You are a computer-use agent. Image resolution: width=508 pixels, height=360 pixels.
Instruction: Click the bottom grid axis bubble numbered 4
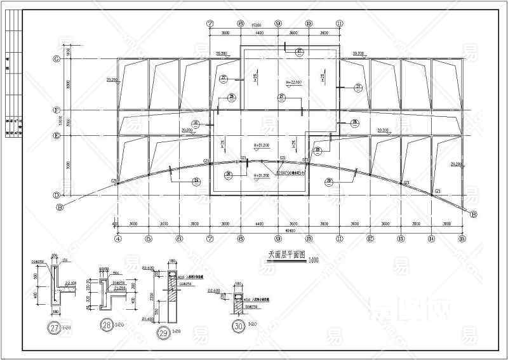point(117,239)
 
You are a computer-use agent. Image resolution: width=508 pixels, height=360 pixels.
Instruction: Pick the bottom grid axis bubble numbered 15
point(462,239)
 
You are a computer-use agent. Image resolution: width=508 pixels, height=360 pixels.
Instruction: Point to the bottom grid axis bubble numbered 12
point(370,239)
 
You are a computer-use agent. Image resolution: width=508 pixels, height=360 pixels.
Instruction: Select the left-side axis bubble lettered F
point(57,110)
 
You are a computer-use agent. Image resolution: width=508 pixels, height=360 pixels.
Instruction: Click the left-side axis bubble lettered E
point(57,135)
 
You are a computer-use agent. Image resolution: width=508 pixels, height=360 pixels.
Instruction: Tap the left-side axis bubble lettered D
point(57,196)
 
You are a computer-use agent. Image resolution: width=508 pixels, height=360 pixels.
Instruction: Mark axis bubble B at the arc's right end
point(473,215)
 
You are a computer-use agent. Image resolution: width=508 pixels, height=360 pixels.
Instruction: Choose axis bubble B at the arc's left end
point(60,207)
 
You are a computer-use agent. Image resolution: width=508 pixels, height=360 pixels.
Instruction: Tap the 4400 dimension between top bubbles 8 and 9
point(259,32)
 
